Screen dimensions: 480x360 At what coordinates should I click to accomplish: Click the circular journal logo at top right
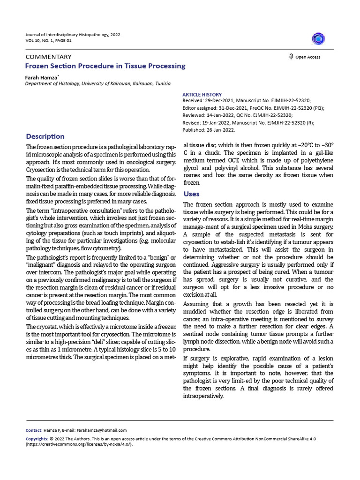click(x=319, y=38)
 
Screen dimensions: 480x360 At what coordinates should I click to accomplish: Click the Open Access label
click(x=307, y=57)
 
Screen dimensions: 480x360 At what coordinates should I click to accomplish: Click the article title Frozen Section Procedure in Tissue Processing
click(x=105, y=66)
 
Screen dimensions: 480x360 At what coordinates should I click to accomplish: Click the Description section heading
click(x=45, y=136)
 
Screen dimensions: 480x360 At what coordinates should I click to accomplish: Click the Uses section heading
click(x=191, y=194)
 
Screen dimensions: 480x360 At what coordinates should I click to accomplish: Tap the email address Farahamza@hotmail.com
click(x=103, y=430)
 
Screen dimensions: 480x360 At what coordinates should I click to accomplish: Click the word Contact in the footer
click(x=33, y=430)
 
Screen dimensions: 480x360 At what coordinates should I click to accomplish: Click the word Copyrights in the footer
click(x=36, y=439)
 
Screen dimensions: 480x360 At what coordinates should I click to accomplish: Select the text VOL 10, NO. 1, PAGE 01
click(x=48, y=41)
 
